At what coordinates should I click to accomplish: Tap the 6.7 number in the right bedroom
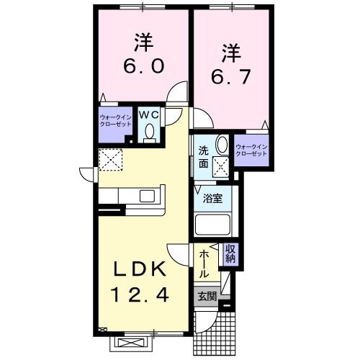click(230, 76)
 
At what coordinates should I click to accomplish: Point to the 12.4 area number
click(140, 295)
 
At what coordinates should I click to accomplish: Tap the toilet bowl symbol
click(150, 132)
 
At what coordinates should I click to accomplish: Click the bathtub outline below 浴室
click(212, 226)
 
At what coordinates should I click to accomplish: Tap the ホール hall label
click(204, 264)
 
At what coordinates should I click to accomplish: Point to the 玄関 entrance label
click(205, 295)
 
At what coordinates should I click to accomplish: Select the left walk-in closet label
click(115, 120)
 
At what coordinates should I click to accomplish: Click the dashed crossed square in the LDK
click(111, 158)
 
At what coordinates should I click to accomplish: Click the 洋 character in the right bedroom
click(230, 51)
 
